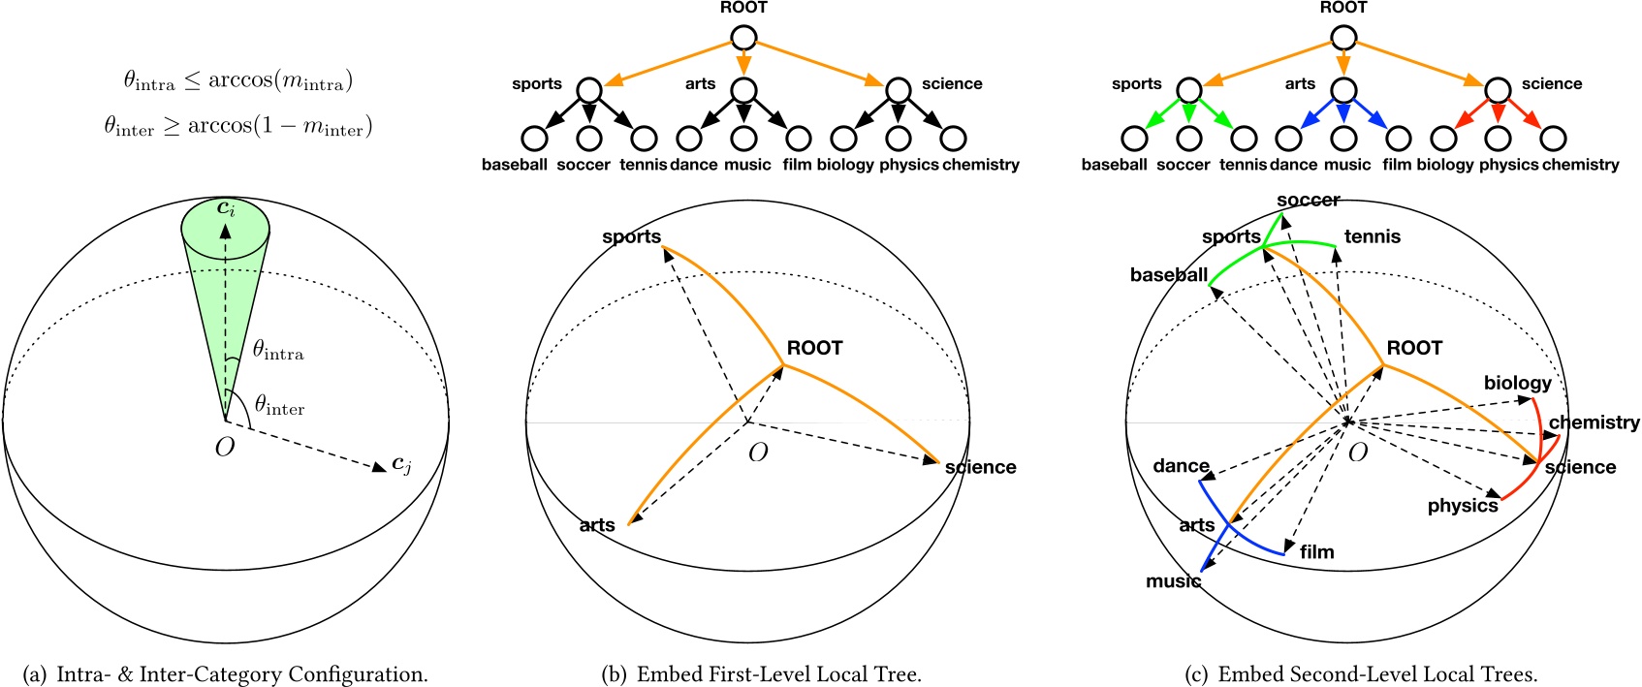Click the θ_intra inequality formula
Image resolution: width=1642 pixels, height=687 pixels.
pos(237,81)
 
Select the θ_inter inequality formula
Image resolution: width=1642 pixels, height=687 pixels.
pos(237,126)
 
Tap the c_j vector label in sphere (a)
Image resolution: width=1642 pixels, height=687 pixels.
pos(401,465)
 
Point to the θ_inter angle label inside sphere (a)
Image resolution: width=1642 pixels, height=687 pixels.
pos(279,405)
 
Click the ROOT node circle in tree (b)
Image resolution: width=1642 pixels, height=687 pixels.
pos(743,38)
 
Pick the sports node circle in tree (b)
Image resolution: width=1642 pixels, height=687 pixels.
pos(589,90)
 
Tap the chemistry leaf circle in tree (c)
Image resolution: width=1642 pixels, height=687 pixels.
pos(1553,139)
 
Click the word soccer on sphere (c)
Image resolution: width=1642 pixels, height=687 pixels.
pos(1308,201)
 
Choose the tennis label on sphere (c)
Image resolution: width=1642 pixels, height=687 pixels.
pos(1372,236)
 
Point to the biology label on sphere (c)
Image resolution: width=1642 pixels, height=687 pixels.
pos(1517,383)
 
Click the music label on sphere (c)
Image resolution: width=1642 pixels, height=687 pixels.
pos(1173,581)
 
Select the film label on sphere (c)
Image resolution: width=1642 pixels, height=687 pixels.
pos(1316,551)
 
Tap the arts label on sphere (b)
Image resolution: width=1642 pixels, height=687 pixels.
pos(597,525)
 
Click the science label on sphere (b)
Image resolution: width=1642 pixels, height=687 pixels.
pos(980,467)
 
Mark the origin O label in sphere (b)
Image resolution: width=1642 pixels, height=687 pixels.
pos(758,453)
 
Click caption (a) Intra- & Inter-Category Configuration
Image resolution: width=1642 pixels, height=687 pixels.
pos(225,674)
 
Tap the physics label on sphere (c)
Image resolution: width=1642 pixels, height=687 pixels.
pos(1462,506)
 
